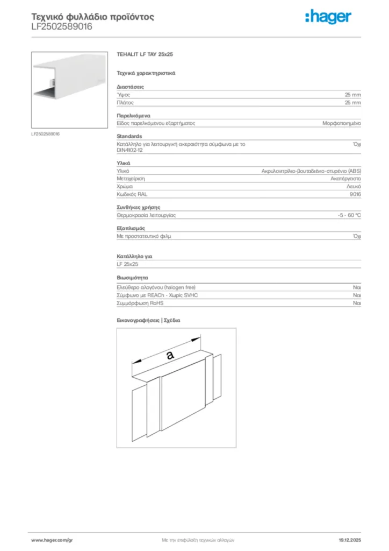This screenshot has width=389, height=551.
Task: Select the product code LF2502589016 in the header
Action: coord(62,26)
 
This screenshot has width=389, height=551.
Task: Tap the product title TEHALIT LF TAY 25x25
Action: coord(145,54)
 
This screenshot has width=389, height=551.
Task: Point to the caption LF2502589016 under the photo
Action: coord(45,134)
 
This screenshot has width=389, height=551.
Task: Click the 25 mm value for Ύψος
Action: coord(352,94)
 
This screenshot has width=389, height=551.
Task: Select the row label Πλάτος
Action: coord(125,102)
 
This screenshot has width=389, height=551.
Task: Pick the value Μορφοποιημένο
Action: coord(341,123)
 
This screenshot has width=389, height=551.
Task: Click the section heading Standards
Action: coord(129,136)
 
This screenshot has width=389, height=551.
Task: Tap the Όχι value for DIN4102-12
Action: coord(356,144)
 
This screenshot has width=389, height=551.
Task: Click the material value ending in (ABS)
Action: coord(311,171)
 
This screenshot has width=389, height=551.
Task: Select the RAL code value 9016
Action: coord(355,194)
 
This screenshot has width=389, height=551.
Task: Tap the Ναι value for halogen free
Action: coord(357,288)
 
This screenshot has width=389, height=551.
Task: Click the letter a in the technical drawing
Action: coord(169,355)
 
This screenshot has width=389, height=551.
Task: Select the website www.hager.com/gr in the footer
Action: coord(52,540)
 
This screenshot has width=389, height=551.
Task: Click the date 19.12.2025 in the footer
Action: coord(349,540)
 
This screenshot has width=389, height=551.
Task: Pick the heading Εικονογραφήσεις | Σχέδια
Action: coord(148,320)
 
